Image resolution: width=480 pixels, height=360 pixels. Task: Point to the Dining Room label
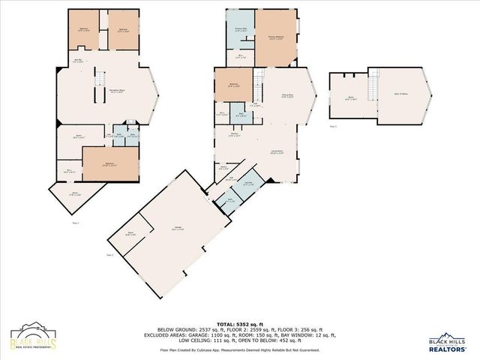click(x=286, y=95)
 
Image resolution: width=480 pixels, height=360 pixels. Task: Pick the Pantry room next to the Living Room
click(x=223, y=169)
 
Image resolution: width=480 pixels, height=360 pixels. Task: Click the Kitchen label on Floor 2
click(x=233, y=136)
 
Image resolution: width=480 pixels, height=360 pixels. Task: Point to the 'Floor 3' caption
click(x=333, y=127)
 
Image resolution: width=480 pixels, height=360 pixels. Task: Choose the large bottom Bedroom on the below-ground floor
click(x=109, y=163)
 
